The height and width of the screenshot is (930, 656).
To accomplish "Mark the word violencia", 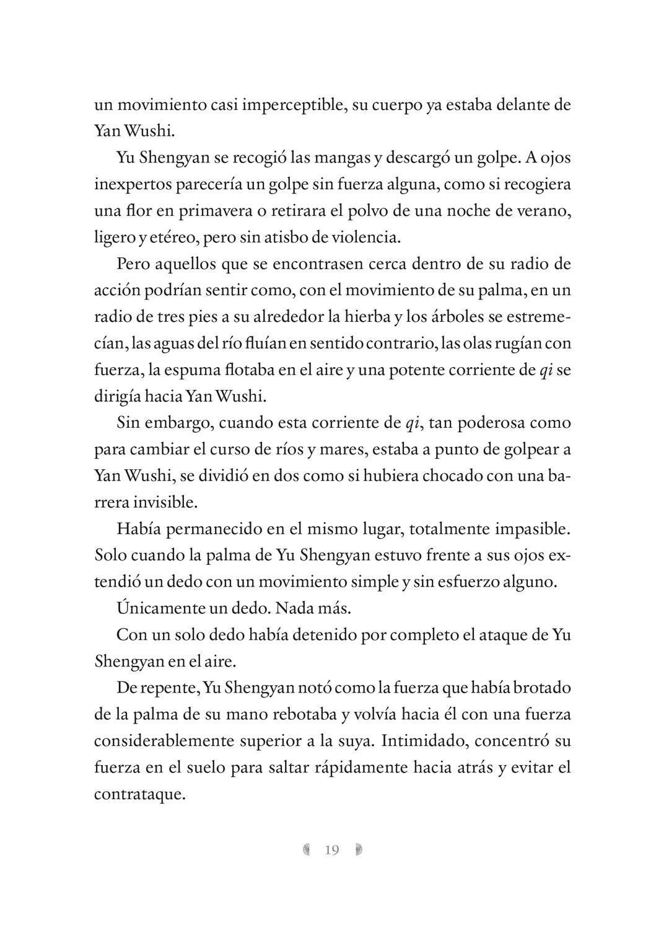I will click(367, 237).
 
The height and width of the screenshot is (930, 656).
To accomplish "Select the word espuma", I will click(193, 371).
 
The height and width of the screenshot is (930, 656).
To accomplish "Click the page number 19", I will click(332, 850).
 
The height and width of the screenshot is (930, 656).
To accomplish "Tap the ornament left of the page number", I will click(306, 850).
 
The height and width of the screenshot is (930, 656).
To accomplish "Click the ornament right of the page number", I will click(359, 850).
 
